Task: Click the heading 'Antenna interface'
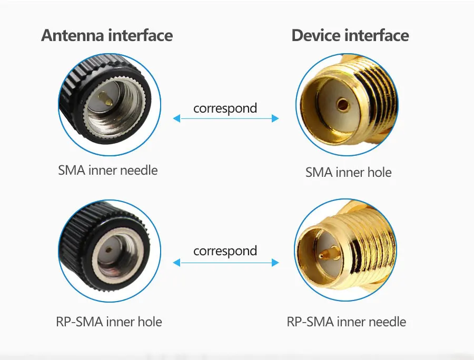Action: [x=107, y=35]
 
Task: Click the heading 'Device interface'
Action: [x=350, y=35]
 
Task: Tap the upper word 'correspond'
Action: [x=225, y=108]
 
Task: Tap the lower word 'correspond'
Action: [x=225, y=251]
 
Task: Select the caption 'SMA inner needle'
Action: [x=108, y=170]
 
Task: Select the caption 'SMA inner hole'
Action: [x=349, y=172]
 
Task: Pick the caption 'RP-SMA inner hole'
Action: [x=109, y=322]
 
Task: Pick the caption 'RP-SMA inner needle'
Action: [x=347, y=322]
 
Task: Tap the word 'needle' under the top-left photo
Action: [x=139, y=170]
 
